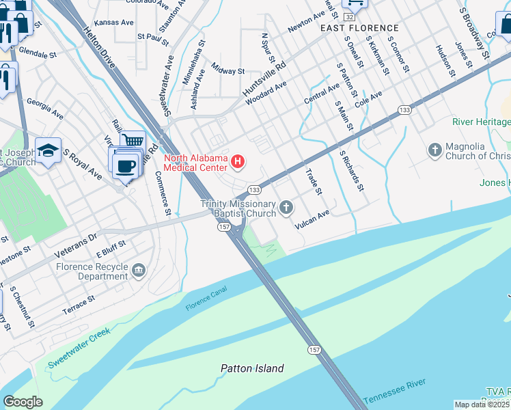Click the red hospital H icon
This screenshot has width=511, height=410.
(238, 162)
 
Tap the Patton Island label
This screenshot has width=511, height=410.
(252, 368)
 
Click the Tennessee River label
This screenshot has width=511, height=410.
(395, 391)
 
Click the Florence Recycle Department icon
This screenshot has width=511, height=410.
(139, 271)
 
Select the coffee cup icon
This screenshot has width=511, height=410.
(125, 165)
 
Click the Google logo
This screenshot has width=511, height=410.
(23, 402)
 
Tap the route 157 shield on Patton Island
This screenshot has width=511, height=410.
(314, 350)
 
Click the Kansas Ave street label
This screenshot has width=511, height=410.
(114, 23)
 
